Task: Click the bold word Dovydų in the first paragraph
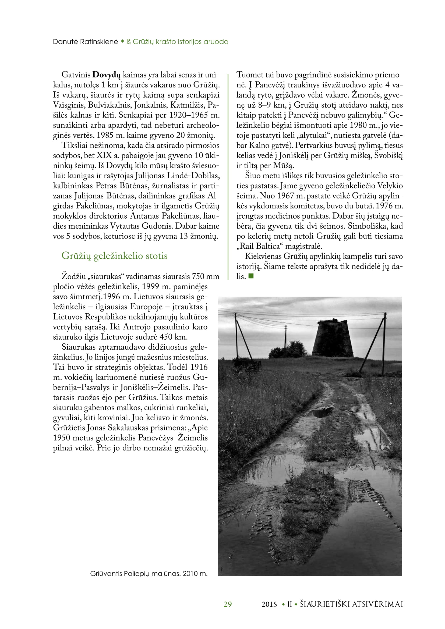tap(107, 75)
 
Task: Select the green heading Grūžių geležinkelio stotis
tap(114, 255)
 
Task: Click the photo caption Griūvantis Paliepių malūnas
tap(149, 573)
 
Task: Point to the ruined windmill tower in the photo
tap(332, 339)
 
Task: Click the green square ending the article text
tap(251, 276)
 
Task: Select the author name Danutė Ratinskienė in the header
tap(85, 42)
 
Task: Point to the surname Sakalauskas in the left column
tap(128, 428)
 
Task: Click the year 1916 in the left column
tap(199, 367)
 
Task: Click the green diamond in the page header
tap(122, 42)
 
